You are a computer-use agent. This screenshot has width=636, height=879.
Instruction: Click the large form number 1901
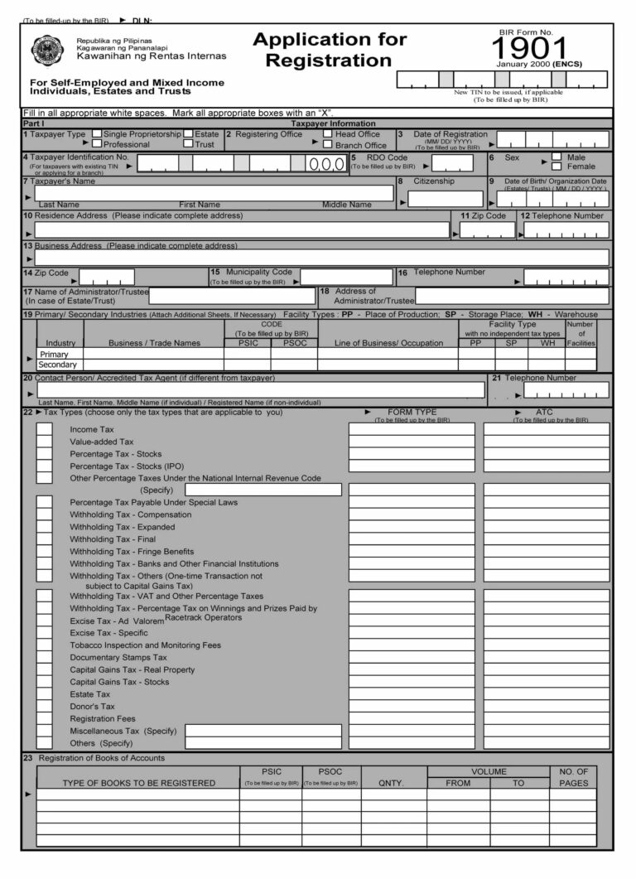point(532,48)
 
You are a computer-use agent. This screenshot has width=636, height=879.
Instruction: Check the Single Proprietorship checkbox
point(97,133)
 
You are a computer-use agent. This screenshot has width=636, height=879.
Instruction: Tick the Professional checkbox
point(97,144)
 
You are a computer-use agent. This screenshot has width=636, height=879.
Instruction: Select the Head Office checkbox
point(328,133)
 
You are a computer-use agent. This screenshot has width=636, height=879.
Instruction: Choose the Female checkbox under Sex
point(556,166)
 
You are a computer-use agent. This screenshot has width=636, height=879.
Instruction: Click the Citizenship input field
point(446,199)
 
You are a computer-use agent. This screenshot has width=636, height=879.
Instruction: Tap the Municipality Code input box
point(346,277)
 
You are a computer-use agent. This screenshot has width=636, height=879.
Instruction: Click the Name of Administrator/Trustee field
point(232,296)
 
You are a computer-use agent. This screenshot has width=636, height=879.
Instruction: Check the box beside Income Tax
point(44,429)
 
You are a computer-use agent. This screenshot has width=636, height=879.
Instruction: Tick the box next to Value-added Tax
point(44,442)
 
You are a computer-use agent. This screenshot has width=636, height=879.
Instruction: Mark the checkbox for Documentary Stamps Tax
point(44,657)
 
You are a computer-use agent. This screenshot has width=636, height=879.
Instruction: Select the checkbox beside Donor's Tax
point(44,706)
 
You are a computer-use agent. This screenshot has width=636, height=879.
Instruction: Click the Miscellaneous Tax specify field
point(263,731)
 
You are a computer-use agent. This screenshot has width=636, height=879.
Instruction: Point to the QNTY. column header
point(391,782)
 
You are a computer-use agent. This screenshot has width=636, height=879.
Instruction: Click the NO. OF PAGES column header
point(573,777)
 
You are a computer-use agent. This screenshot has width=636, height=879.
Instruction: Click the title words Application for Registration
point(330,50)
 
